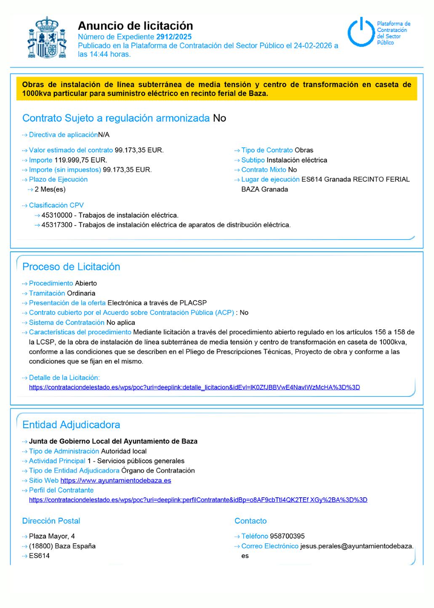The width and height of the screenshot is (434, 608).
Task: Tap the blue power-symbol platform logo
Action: pyautogui.click(x=360, y=32)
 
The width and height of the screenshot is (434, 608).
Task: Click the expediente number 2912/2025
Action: pyautogui.click(x=174, y=37)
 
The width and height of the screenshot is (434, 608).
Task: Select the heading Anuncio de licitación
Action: pyautogui.click(x=135, y=26)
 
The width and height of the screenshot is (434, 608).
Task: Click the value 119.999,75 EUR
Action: pyautogui.click(x=80, y=160)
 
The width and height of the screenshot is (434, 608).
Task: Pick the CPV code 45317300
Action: pyautogui.click(x=57, y=225)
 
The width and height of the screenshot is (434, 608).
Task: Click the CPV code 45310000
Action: pyautogui.click(x=57, y=215)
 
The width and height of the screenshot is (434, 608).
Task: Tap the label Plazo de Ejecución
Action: pyautogui.click(x=58, y=179)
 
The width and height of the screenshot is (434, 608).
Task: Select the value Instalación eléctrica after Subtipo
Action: pyautogui.click(x=297, y=160)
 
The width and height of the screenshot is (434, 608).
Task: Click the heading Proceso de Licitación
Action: pyautogui.click(x=71, y=267)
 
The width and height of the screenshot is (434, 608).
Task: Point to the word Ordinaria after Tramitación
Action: pyautogui.click(x=81, y=293)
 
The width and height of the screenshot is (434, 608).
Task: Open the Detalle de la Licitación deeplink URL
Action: pyautogui.click(x=194, y=387)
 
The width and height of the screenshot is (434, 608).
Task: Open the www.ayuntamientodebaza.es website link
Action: pyautogui.click(x=116, y=480)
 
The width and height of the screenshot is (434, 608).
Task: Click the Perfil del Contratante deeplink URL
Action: pyautogui.click(x=198, y=500)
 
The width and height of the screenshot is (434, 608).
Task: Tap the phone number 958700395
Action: pyautogui.click(x=287, y=536)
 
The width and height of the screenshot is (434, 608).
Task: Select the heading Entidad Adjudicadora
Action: pyautogui.click(x=71, y=424)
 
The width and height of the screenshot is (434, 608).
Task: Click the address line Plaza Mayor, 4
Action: pyautogui.click(x=52, y=536)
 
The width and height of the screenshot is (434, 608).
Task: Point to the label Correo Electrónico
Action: pyautogui.click(x=270, y=546)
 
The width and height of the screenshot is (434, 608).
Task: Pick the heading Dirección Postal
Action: pyautogui.click(x=51, y=521)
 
